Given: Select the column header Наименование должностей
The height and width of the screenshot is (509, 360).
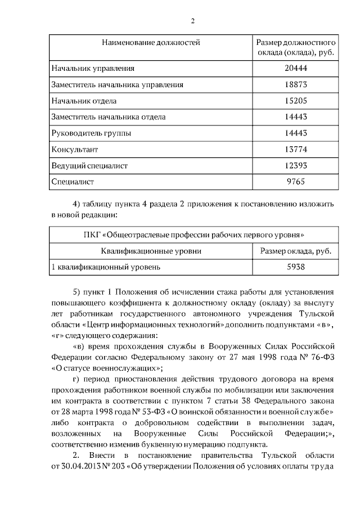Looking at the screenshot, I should point(150,43).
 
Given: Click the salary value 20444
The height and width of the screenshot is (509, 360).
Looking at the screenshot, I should point(296,69).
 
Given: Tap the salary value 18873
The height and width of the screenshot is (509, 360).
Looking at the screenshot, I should point(296,85).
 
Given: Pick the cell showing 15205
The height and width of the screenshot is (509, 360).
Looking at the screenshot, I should point(296,101).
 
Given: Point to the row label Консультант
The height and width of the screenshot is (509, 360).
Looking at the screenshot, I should point(75,150).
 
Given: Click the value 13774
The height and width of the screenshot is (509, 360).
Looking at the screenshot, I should point(296,150).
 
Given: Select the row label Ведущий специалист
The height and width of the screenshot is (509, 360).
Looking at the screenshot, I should point(89,166).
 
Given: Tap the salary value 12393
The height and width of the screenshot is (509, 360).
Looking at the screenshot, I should point(296,166).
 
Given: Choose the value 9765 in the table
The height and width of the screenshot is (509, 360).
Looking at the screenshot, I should point(296,182).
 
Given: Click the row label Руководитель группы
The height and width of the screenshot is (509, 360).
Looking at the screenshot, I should point(91,134).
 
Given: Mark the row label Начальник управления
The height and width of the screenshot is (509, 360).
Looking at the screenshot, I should point(93,69).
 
